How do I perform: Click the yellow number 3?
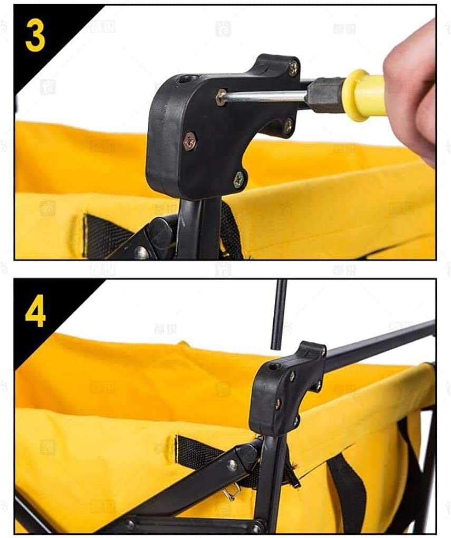tap(35, 35)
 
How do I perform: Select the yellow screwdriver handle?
tap(363, 94)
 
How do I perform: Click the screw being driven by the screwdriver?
tap(221, 97)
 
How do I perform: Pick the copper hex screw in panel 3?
tap(189, 141)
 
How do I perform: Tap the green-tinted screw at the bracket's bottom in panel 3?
tap(238, 179)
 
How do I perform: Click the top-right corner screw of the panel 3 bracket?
tap(293, 67)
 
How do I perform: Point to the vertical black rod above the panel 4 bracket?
tap(279, 314)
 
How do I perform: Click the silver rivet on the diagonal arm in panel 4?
tap(232, 465)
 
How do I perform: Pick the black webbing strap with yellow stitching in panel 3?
tap(105, 235)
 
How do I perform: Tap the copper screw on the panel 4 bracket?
tap(277, 405)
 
